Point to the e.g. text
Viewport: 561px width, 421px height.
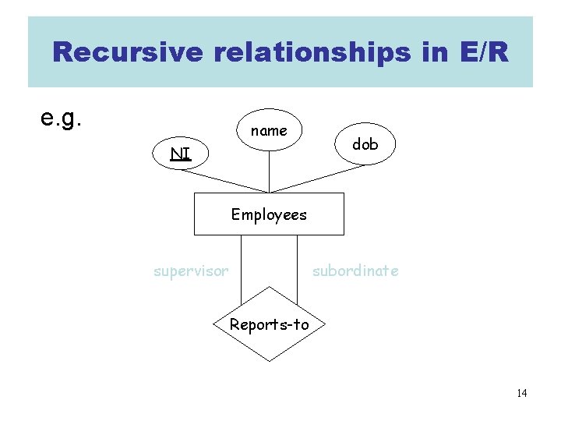coord(62,118)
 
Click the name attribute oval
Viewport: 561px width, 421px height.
coord(269,130)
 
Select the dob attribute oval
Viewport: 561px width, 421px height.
coord(365,144)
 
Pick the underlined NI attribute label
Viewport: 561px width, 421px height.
coord(181,154)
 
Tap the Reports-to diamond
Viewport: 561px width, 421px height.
coord(269,324)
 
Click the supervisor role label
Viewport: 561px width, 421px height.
coord(191,271)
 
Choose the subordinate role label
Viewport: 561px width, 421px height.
coord(355,271)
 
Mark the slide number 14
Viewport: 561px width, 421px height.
coord(521,393)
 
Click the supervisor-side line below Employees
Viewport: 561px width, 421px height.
coord(241,265)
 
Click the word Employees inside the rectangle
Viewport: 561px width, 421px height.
coord(269,214)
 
